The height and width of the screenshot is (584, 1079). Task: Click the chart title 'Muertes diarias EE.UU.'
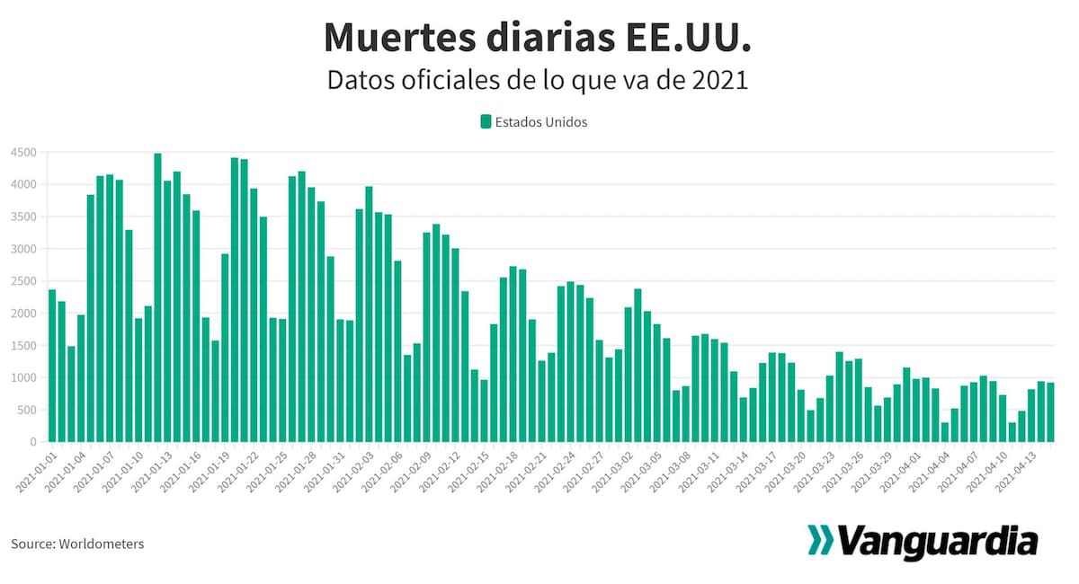click(538, 38)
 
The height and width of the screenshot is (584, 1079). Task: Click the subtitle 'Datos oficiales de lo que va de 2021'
click(538, 80)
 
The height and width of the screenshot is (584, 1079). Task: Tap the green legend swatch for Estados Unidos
click(486, 121)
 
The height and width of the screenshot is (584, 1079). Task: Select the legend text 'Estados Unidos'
click(540, 121)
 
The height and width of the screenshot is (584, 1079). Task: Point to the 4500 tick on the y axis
click(23, 153)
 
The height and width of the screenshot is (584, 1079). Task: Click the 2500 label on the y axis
click(23, 281)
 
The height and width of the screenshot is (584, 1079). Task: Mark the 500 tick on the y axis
click(27, 410)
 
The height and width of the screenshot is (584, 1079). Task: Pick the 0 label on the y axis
click(32, 442)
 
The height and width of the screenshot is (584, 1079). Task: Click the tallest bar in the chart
click(157, 297)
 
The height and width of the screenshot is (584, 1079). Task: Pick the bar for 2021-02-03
click(369, 314)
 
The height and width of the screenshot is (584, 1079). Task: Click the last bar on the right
click(1050, 412)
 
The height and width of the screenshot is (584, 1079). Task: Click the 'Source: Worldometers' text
click(77, 544)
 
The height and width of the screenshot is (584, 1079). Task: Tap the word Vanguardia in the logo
click(938, 542)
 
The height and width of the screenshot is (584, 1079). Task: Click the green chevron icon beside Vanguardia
click(819, 540)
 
